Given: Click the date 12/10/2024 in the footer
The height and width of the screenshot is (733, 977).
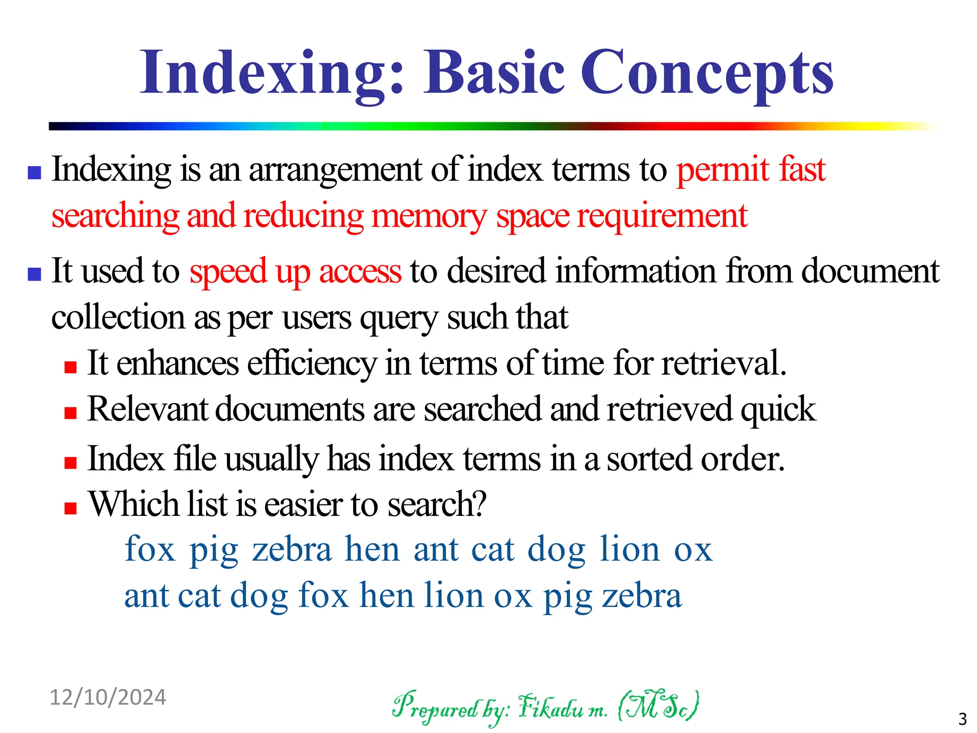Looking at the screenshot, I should [108, 697].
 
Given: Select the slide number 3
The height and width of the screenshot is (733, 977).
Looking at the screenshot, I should [962, 718].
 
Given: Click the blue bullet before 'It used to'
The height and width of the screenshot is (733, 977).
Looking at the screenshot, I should [34, 274].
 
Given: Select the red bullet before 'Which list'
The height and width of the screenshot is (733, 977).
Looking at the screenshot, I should [71, 508].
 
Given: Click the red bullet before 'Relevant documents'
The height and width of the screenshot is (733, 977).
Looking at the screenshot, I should [71, 413].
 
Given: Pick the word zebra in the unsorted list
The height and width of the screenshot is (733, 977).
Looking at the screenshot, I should [292, 550].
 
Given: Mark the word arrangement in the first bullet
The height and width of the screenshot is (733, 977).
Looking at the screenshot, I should [335, 170].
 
